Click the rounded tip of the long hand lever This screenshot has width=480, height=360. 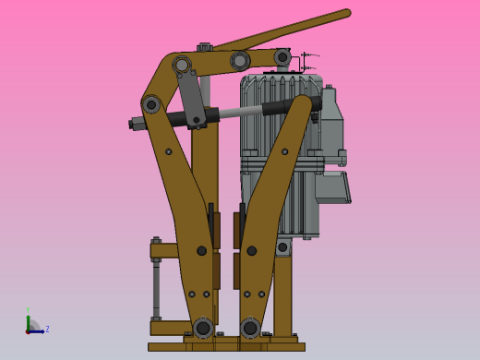[346, 14]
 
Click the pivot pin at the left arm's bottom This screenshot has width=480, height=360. [202, 328]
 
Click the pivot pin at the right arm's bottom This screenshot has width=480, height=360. [250, 328]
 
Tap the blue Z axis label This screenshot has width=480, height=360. [47, 329]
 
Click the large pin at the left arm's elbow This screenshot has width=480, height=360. [151, 104]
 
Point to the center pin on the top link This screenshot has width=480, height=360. [240, 61]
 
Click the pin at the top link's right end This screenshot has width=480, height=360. [282, 57]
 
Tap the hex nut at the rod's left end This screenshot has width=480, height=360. [135, 124]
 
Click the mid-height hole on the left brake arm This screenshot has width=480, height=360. [201, 250]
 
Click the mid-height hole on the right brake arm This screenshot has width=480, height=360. [251, 250]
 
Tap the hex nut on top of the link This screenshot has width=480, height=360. [204, 46]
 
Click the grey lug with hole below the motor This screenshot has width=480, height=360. [282, 246]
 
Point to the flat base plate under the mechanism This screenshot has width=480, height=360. [226, 347]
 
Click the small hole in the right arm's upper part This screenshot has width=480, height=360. [284, 151]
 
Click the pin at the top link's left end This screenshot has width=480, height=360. [182, 65]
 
